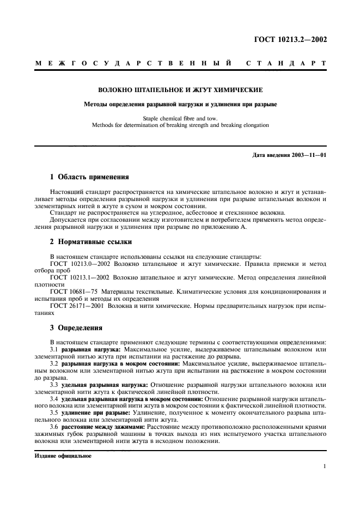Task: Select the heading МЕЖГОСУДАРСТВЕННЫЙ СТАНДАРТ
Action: click(x=180, y=64)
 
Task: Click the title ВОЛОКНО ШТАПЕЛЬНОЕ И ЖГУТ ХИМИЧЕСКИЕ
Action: click(x=180, y=89)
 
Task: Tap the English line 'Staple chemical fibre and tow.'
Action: click(x=180, y=118)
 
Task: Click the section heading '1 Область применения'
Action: click(x=89, y=177)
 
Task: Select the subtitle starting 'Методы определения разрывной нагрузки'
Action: click(x=180, y=104)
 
